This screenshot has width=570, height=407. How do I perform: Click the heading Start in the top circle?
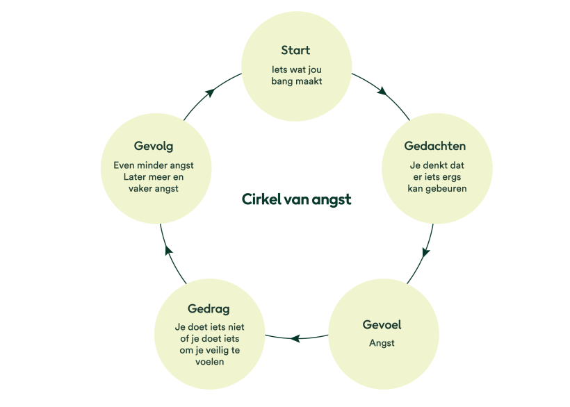[295, 51]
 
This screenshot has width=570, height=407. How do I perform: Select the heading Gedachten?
[435, 146]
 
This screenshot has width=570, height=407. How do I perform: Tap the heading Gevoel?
[382, 324]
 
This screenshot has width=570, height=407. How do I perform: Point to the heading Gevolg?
[154, 147]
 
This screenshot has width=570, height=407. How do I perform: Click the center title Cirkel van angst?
[296, 199]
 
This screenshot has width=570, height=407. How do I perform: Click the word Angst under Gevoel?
[382, 343]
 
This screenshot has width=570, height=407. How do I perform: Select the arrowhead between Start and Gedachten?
[382, 90]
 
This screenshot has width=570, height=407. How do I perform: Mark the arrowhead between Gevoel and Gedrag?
[295, 338]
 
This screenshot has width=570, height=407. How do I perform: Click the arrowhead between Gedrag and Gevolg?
[168, 248]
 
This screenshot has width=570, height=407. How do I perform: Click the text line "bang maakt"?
[296, 81]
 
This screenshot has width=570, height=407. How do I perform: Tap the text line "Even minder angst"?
[154, 165]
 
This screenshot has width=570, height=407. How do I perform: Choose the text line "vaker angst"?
[154, 188]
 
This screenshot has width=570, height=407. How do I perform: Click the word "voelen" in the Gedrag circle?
[209, 362]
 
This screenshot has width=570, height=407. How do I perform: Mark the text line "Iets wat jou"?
[296, 69]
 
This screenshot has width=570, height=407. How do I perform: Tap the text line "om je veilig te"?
[209, 350]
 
